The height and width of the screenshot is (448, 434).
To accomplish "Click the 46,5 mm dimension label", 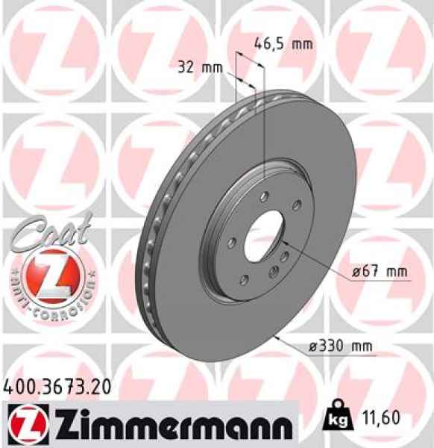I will point(284,43).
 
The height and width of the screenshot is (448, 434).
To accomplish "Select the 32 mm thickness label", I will point(201,68).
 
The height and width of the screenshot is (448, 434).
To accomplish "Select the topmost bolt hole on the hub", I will point(264,196).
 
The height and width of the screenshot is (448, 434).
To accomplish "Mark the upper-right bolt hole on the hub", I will point(295,206).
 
